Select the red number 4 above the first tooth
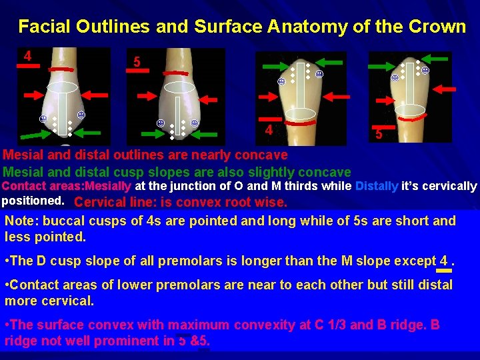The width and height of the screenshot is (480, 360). (27, 56)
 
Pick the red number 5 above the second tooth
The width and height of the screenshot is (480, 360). (136, 62)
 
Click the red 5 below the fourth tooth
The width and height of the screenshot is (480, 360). (379, 133)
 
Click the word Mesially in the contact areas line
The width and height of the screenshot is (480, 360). (109, 186)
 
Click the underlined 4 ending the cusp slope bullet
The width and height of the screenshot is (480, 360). (443, 261)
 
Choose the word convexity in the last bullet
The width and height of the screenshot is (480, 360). (269, 325)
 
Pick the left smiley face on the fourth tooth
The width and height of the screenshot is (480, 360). (395, 77)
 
